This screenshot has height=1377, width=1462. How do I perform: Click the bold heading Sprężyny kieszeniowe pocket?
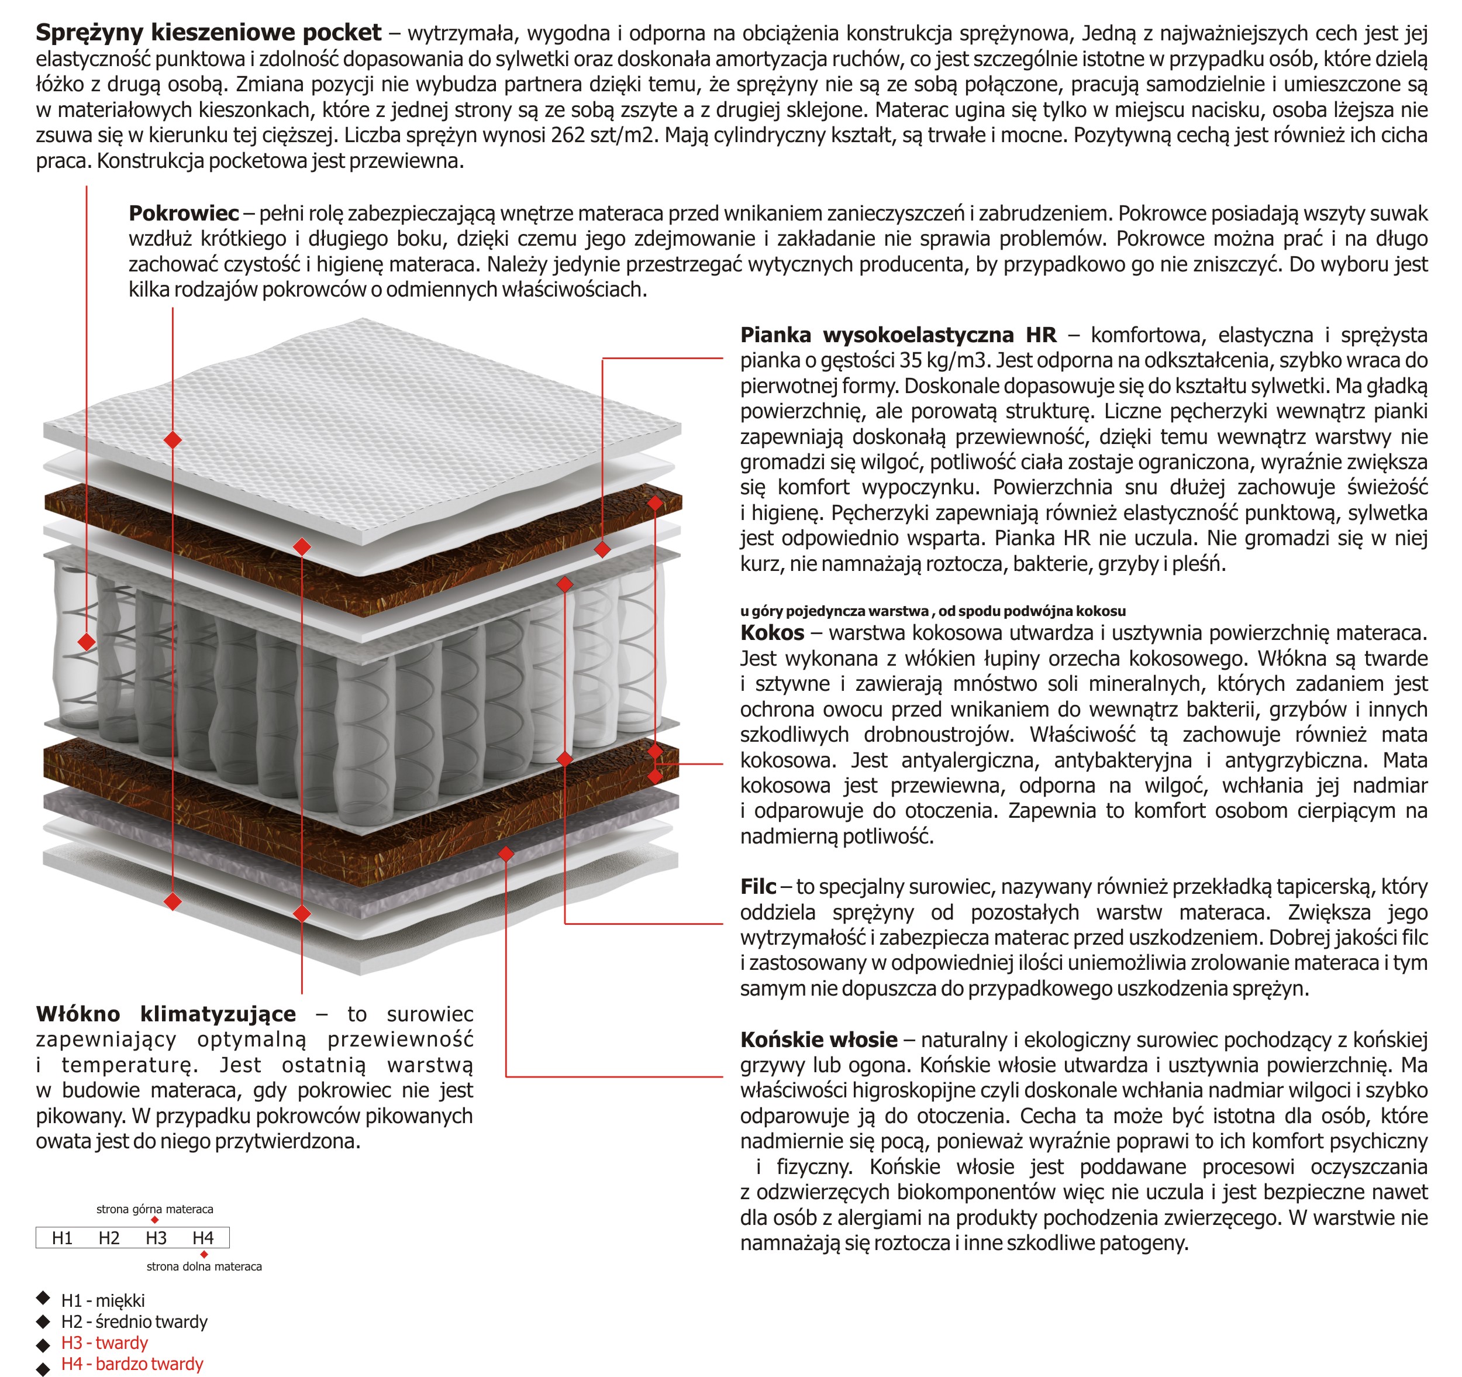click(208, 32)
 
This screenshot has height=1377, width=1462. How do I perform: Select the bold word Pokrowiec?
click(184, 214)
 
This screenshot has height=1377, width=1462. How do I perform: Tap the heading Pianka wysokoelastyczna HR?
click(898, 335)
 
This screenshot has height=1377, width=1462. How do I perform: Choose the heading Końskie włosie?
click(819, 1039)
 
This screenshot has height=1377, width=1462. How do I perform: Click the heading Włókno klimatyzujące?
click(165, 1014)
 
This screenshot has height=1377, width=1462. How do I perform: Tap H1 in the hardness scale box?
click(62, 1238)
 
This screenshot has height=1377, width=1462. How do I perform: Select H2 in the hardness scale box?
click(109, 1238)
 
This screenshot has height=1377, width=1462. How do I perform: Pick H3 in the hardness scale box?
click(156, 1238)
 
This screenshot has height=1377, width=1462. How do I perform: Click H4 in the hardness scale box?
click(203, 1238)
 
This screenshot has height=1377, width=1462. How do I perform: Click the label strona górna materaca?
click(154, 1209)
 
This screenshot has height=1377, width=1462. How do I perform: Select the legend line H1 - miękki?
click(103, 1300)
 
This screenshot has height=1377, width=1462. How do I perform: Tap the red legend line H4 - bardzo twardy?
click(132, 1364)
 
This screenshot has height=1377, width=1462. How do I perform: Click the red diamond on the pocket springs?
click(87, 642)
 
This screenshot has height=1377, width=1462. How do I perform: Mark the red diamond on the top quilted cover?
click(173, 440)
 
